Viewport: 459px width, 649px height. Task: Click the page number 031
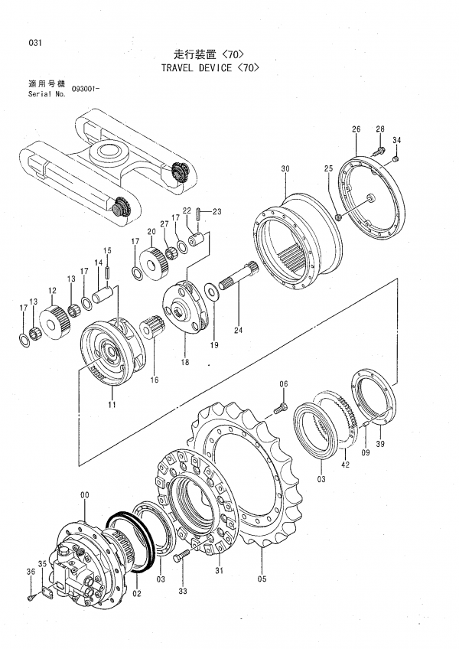click(35, 43)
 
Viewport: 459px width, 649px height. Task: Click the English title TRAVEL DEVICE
click(196, 68)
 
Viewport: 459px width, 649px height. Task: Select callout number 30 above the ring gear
click(285, 168)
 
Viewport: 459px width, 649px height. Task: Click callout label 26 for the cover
click(356, 129)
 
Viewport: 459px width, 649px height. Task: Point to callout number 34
click(396, 141)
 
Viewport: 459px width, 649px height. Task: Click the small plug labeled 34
click(396, 158)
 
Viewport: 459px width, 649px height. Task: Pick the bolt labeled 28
click(378, 151)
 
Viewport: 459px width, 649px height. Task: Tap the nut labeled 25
click(337, 217)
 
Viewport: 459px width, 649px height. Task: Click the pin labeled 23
click(199, 215)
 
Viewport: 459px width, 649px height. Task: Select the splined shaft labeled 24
click(238, 276)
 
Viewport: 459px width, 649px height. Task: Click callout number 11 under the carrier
click(112, 404)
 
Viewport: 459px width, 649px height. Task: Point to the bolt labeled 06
click(280, 407)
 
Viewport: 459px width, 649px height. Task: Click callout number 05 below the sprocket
click(262, 579)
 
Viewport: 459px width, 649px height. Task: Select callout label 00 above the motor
click(84, 494)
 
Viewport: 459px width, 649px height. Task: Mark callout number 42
click(345, 465)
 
